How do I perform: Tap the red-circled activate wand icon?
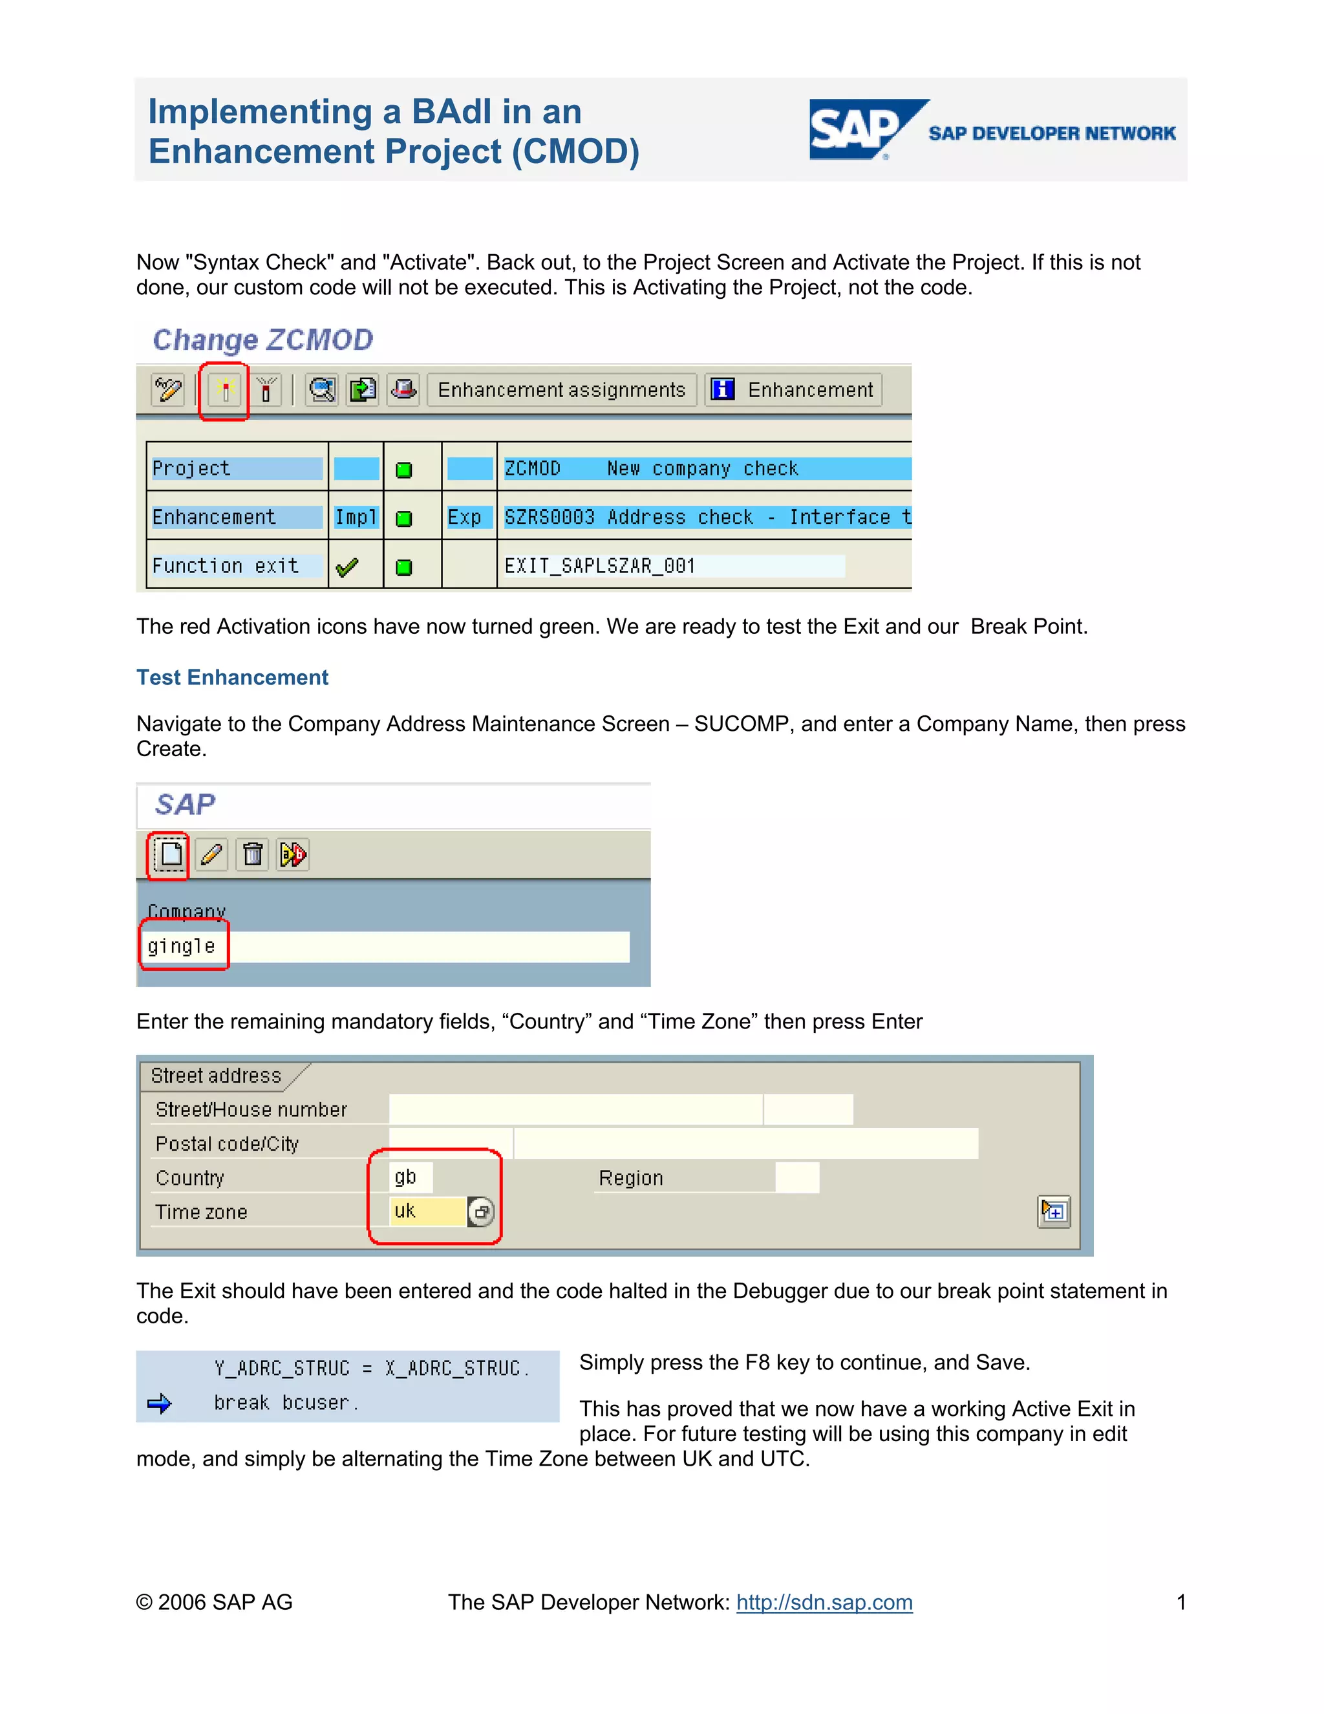click(x=224, y=390)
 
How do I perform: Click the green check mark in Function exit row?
click(x=347, y=567)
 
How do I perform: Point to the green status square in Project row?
click(x=404, y=470)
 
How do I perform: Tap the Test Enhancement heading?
click(x=232, y=677)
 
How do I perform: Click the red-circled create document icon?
click(x=169, y=854)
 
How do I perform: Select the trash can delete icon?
click(x=253, y=854)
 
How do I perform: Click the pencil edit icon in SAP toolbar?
click(x=211, y=854)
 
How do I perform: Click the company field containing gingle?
click(x=385, y=946)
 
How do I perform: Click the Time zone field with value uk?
click(x=427, y=1211)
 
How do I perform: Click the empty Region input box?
click(x=797, y=1178)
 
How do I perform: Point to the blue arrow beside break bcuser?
click(x=159, y=1404)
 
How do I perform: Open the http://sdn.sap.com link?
click(x=824, y=1603)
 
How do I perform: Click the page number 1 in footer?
click(x=1180, y=1603)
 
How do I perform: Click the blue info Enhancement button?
click(x=794, y=390)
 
